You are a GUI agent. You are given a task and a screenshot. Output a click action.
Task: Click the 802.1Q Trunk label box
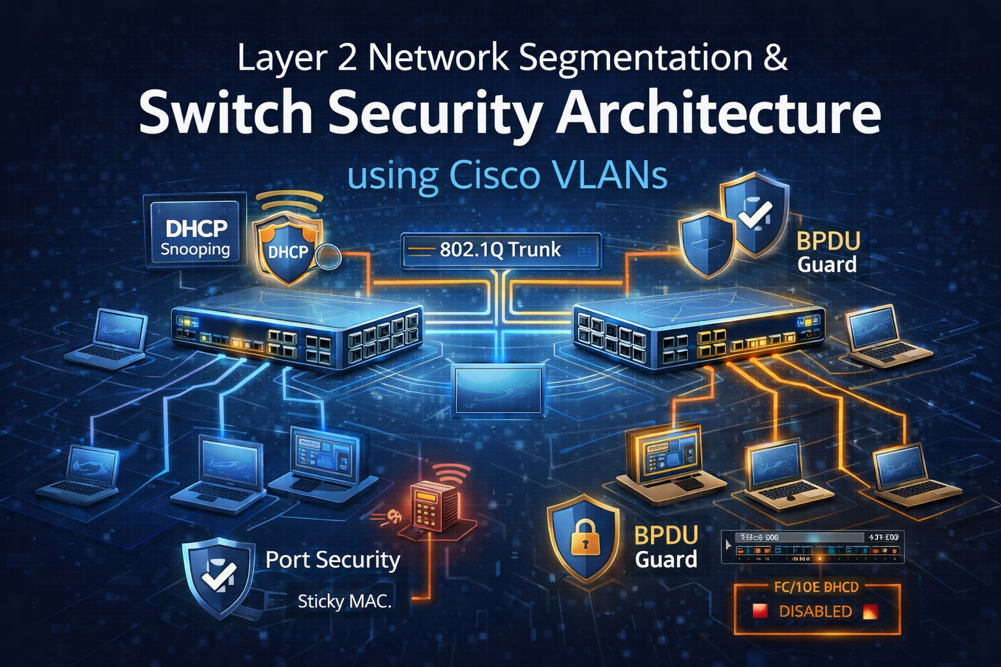coord(500,250)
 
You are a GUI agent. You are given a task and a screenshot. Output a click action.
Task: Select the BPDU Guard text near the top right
coord(828,252)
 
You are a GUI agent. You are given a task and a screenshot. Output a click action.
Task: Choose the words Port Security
coord(332,560)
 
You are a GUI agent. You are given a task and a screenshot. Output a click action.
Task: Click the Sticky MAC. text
coord(344,601)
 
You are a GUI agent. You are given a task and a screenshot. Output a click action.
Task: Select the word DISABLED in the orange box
coord(815,612)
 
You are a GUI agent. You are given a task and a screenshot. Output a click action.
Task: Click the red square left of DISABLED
coord(760,612)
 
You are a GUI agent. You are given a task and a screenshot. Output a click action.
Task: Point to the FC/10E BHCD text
coord(816,587)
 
